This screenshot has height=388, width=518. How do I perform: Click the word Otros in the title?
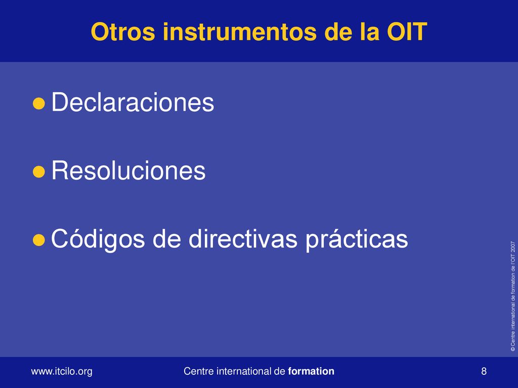coord(123,32)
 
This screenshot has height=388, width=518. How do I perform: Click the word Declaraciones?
coord(133,102)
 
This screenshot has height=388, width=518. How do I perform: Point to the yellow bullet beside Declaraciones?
coord(38,103)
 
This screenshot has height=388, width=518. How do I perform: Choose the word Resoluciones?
coord(128,170)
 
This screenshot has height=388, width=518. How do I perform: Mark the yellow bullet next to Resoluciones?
coord(38,172)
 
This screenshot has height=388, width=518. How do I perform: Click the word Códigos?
coord(98,239)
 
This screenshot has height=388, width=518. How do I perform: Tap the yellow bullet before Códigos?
coord(38,240)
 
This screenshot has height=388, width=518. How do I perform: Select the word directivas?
coord(243,238)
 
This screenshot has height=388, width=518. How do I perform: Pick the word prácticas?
coord(357,239)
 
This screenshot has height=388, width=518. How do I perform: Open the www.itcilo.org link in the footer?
coord(62,371)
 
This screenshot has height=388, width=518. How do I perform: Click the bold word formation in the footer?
coord(311,371)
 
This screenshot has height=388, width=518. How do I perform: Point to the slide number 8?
coord(484,371)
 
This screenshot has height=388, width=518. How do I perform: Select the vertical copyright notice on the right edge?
coord(513,296)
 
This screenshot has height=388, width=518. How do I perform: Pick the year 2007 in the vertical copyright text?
coord(513,247)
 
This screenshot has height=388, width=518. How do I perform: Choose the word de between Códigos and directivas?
coord(166,238)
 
